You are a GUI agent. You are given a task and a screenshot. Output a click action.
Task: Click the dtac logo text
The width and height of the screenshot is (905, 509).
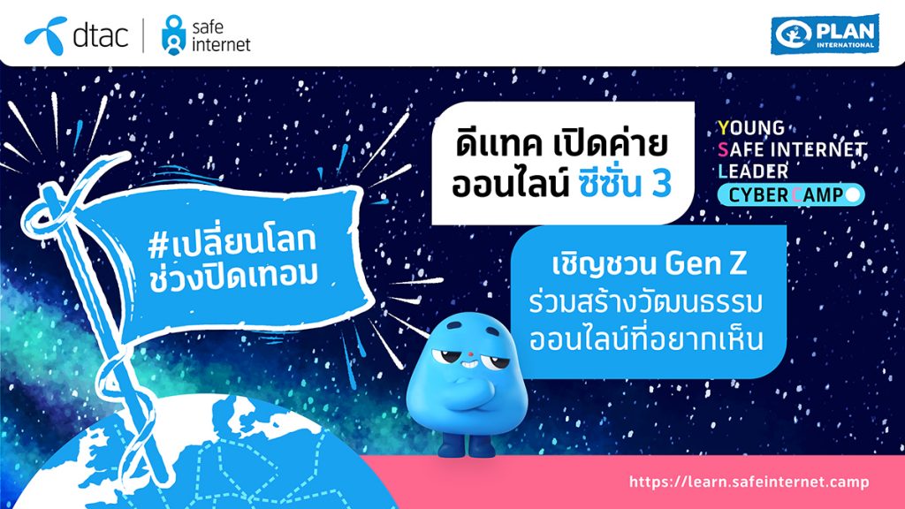point(101,35)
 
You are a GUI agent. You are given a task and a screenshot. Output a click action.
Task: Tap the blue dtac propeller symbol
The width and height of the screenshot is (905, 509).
point(46,35)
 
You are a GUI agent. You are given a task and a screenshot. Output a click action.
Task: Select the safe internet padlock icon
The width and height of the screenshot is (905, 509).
point(174,35)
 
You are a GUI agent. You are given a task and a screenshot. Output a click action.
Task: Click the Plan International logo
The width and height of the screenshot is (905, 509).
point(825,34)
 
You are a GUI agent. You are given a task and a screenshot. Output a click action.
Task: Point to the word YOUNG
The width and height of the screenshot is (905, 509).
point(751,127)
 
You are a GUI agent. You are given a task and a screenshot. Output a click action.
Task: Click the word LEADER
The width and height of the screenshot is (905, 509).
point(753,171)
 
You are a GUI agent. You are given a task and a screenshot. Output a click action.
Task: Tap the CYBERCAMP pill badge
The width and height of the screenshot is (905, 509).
point(791,194)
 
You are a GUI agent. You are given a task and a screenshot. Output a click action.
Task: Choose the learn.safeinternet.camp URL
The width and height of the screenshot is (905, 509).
point(749,482)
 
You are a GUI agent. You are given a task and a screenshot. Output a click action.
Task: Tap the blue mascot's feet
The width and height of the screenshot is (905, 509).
point(467,445)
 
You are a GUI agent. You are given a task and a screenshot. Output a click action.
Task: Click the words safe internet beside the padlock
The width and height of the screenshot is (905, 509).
point(221,35)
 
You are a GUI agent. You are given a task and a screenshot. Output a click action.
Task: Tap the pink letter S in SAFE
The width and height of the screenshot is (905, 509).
point(723,149)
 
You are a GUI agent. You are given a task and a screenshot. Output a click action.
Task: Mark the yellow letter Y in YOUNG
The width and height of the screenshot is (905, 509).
point(724,127)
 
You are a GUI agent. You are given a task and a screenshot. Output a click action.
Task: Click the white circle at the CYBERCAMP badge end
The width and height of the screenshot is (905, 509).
point(852,194)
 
